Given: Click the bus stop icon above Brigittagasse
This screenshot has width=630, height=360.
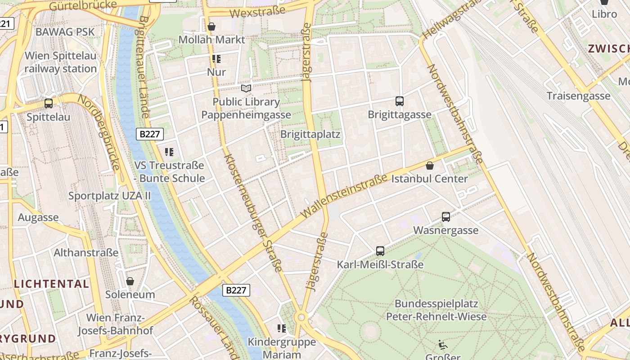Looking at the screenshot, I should pyautogui.click(x=399, y=101).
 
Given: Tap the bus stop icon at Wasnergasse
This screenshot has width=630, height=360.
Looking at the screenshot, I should pyautogui.click(x=446, y=217).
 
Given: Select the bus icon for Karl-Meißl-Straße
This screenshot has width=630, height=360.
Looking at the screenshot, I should pyautogui.click(x=380, y=251).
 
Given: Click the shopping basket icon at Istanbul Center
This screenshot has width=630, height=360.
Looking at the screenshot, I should pyautogui.click(x=430, y=166).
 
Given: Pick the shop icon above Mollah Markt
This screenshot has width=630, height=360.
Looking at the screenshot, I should pyautogui.click(x=211, y=27).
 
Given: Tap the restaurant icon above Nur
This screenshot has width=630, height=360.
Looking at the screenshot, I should pyautogui.click(x=216, y=59).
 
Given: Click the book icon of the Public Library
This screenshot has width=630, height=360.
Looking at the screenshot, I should pyautogui.click(x=246, y=88).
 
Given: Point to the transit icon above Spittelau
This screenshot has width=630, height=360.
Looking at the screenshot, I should pyautogui.click(x=49, y=103).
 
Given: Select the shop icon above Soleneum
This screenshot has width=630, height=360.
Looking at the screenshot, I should pyautogui.click(x=130, y=281).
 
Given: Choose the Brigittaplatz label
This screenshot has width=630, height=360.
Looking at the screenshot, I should pyautogui.click(x=310, y=134).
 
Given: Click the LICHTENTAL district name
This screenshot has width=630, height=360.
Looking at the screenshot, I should pyautogui.click(x=51, y=284).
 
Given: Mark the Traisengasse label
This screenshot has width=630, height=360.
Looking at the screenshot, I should pyautogui.click(x=578, y=96).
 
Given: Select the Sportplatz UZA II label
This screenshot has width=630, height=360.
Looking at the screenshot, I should pyautogui.click(x=109, y=196).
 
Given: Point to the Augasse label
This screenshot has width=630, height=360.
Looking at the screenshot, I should pyautogui.click(x=38, y=218).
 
